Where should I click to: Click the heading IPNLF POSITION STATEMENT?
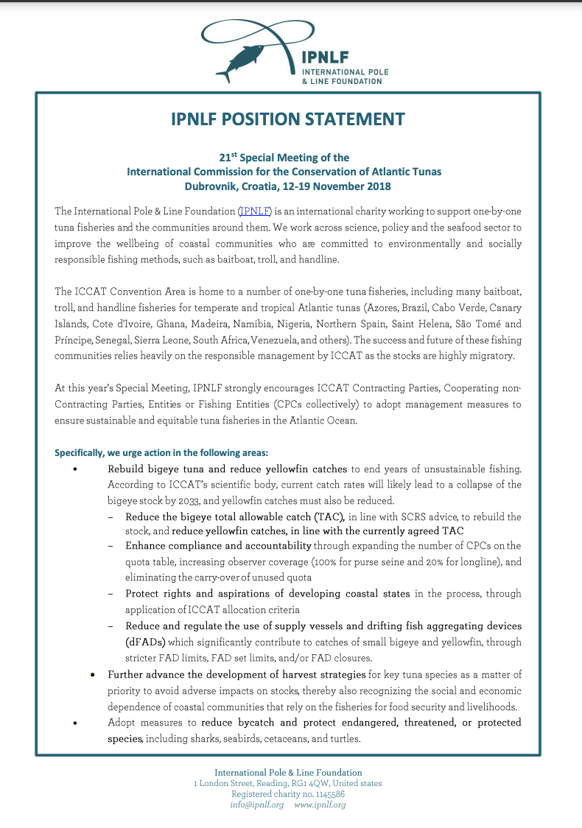coord(287,119)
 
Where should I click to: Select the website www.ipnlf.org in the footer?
coord(320,805)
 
